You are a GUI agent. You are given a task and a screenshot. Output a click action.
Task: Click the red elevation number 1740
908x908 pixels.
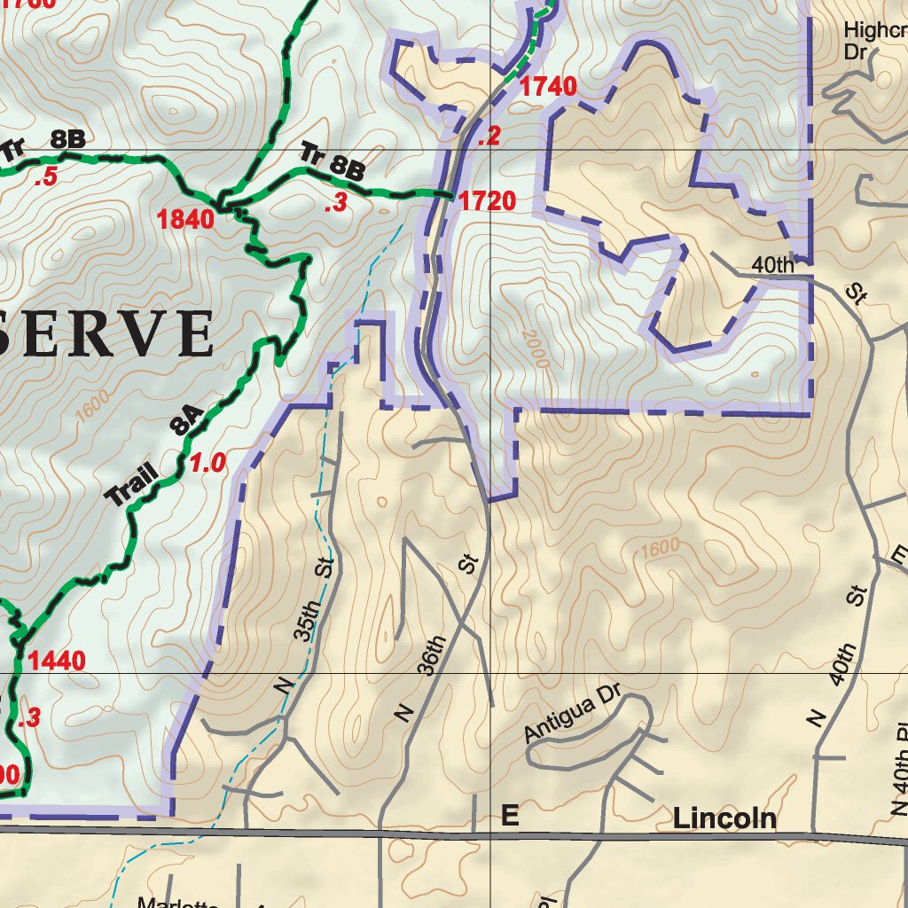tap(548, 87)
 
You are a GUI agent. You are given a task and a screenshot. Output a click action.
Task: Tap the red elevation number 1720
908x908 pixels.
tap(487, 201)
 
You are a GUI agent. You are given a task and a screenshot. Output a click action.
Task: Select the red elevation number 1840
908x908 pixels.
tap(186, 219)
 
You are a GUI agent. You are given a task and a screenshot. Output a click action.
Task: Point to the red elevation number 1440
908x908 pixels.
tap(57, 661)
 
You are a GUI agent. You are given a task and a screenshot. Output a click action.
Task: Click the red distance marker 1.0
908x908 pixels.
tap(207, 463)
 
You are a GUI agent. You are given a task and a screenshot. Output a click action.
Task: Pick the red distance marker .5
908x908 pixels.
tap(45, 178)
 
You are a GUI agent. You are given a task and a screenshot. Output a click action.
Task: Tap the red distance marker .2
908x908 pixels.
tap(489, 137)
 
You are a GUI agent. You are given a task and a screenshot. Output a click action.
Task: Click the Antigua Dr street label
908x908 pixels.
tap(569, 715)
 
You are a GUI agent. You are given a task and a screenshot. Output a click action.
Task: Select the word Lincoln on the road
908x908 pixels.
tap(724, 818)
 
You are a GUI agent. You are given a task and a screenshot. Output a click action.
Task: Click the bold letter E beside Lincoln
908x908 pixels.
tap(510, 816)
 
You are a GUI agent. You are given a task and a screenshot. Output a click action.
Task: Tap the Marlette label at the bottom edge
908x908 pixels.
tap(176, 902)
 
